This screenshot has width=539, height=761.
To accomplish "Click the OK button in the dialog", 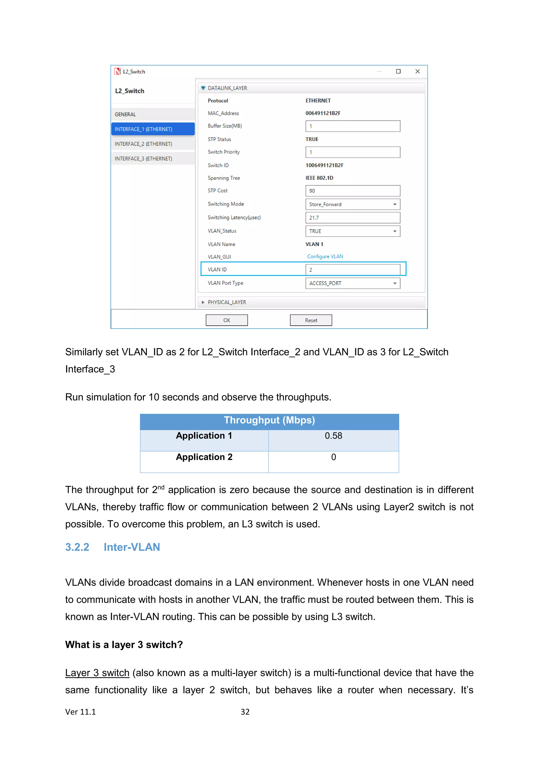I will click(227, 320).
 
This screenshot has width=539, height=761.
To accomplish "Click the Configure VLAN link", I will click(325, 256).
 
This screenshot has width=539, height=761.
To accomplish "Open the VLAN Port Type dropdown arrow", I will click(395, 283).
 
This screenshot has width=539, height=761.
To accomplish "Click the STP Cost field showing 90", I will click(352, 191).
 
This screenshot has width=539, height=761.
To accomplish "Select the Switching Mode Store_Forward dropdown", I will click(352, 204).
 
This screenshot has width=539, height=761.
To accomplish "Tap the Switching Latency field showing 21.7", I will click(352, 218).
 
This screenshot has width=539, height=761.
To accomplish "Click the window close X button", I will click(417, 71).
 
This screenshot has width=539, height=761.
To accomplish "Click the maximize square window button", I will click(398, 71).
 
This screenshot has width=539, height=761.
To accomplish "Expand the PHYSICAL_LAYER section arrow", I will click(203, 302).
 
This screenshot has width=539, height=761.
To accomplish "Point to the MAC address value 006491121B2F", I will click(323, 113).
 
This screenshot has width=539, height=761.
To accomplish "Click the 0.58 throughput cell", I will click(333, 436).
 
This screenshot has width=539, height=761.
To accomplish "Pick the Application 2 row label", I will click(204, 457).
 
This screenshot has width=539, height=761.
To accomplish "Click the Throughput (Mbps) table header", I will click(269, 420).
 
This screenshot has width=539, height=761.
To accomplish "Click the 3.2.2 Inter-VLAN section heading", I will click(113, 547).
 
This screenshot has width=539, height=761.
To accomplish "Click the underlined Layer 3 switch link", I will click(97, 673).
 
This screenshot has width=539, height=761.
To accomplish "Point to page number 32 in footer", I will click(245, 712).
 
